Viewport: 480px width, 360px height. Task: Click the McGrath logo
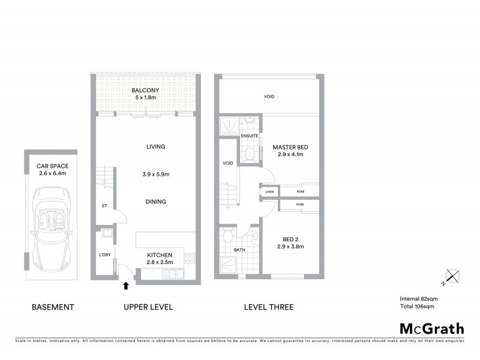[x=431, y=328]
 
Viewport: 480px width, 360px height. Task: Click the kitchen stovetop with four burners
[x=190, y=259]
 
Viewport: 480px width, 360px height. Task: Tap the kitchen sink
[x=175, y=274]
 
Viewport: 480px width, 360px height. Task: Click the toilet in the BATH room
[x=226, y=238]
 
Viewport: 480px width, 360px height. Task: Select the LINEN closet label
[x=269, y=192]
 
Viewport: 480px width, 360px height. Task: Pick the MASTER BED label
[x=290, y=147]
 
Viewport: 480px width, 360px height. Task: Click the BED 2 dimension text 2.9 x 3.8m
[x=290, y=246]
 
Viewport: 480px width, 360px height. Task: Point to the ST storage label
[x=104, y=206]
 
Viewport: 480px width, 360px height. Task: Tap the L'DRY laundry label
[x=105, y=255]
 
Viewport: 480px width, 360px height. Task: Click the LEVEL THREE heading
[x=268, y=307]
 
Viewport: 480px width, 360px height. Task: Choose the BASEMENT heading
[x=53, y=307]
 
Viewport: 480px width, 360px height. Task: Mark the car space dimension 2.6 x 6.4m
[x=51, y=173]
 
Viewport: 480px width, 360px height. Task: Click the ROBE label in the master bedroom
[x=299, y=192]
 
